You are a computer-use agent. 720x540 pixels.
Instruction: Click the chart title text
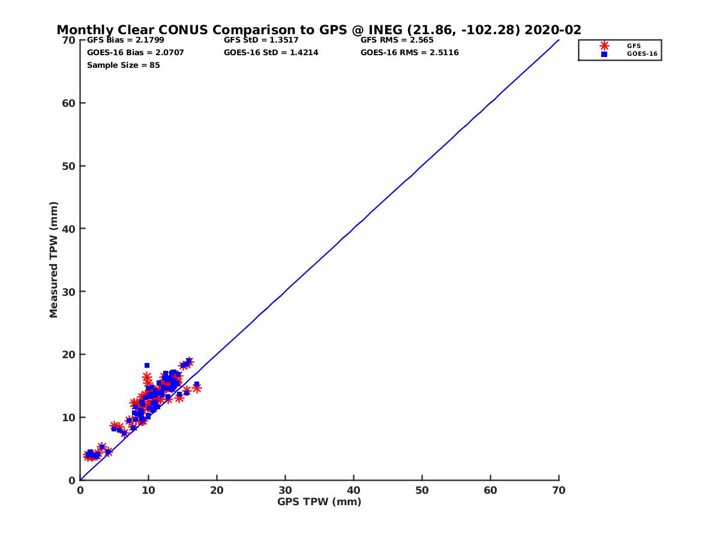(319, 30)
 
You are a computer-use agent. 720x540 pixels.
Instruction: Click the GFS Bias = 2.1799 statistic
(125, 40)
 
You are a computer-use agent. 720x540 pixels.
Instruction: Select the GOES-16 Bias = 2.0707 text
(135, 53)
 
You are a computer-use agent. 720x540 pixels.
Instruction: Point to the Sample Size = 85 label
(123, 65)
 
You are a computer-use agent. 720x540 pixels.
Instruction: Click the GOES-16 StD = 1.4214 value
(271, 53)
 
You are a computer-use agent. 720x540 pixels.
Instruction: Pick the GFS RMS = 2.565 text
(397, 40)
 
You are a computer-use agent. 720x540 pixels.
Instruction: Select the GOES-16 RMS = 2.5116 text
(409, 53)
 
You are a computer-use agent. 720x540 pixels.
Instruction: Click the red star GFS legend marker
(604, 46)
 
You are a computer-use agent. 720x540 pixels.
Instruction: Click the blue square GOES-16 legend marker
(604, 54)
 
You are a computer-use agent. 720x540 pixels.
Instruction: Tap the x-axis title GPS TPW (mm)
(319, 502)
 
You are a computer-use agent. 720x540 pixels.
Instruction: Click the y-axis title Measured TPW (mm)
(54, 260)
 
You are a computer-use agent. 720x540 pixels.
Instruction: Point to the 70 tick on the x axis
(559, 490)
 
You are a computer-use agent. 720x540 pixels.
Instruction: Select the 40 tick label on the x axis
(353, 490)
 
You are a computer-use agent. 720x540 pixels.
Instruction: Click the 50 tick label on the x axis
(422, 490)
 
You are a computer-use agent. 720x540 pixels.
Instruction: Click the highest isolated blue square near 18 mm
(147, 365)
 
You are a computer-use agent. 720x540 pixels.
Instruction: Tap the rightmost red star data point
(196, 388)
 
